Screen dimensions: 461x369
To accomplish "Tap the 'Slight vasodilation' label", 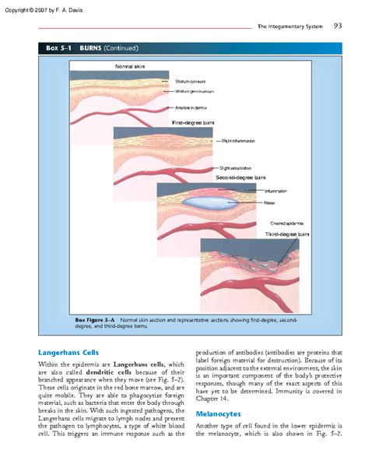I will click(237, 168).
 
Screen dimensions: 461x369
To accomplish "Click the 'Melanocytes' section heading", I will click(217, 413).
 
